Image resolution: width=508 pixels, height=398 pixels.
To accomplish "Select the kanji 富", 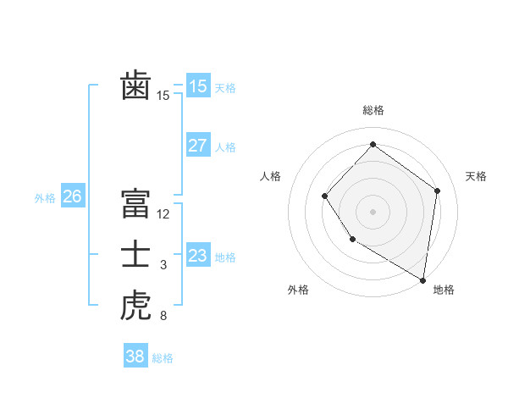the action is point(135,204).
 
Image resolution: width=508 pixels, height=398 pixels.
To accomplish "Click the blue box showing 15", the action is point(197,86).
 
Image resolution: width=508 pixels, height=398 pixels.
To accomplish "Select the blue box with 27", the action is point(197,146).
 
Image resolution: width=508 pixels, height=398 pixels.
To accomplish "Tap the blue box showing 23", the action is point(197,256).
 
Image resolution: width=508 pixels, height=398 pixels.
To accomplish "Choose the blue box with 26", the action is point(72,197).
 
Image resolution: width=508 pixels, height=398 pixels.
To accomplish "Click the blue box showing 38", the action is point(135,357).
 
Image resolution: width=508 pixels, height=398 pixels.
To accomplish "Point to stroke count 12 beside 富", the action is point(163,214).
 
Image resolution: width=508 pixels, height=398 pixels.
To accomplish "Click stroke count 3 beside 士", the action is point(163,266).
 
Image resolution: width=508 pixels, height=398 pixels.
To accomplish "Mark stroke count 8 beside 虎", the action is point(163,317).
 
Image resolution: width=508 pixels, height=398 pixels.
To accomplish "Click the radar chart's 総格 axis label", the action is point(373,110).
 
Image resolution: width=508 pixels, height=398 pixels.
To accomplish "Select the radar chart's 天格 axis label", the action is point(476,176).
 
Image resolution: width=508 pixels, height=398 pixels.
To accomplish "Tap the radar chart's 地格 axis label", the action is point(444,290).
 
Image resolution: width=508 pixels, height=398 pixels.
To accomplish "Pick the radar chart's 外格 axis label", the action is point(298,290).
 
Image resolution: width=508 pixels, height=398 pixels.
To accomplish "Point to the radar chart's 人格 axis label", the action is point(270,176).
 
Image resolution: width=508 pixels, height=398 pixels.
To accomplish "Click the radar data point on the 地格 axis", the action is point(423,280).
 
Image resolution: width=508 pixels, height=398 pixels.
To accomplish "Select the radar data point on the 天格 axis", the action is point(438,191).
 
